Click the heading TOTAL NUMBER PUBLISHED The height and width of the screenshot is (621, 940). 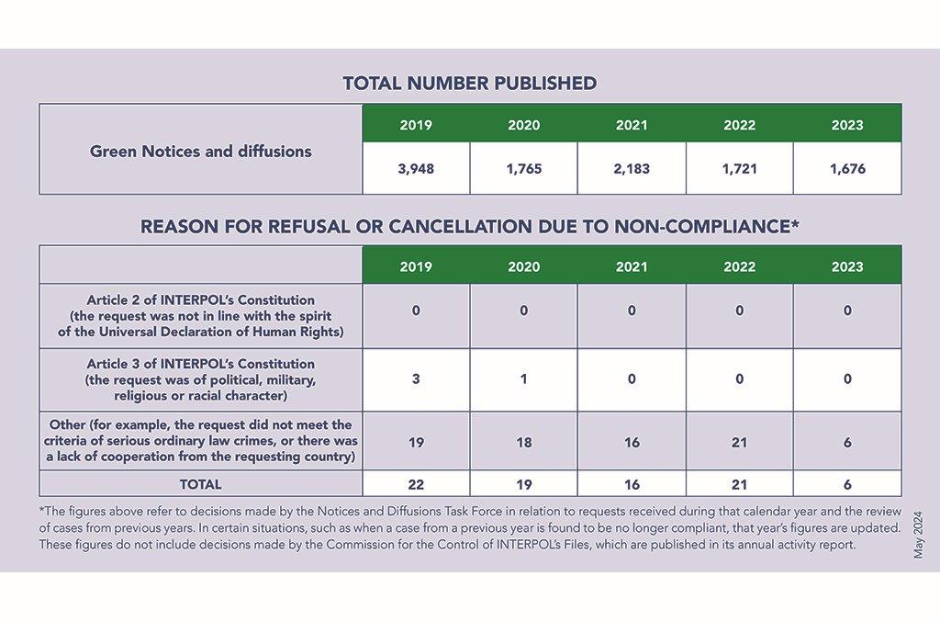[470, 84]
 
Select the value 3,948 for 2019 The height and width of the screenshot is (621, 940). [416, 169]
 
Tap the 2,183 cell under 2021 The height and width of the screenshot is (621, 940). [632, 169]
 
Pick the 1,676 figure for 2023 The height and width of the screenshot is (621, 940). [847, 169]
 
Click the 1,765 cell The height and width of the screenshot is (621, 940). [524, 169]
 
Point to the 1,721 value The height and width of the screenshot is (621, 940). [739, 169]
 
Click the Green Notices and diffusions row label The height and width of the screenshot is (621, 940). [201, 152]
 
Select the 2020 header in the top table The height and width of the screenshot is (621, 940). [524, 125]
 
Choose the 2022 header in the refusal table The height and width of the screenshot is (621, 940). [739, 266]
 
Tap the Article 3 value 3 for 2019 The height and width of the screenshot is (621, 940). [416, 379]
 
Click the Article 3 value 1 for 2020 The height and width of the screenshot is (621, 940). [524, 379]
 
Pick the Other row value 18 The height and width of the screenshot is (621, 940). [524, 442]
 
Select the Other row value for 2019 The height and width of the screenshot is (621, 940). [416, 442]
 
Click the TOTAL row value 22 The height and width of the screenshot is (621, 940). [416, 484]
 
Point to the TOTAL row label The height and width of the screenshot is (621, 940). [201, 484]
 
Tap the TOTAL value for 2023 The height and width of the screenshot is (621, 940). [847, 484]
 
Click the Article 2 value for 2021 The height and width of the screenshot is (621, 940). [632, 310]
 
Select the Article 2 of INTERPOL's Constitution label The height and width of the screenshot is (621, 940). [201, 300]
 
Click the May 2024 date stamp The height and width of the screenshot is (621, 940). [918, 535]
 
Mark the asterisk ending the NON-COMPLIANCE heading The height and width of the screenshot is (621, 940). [795, 223]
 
